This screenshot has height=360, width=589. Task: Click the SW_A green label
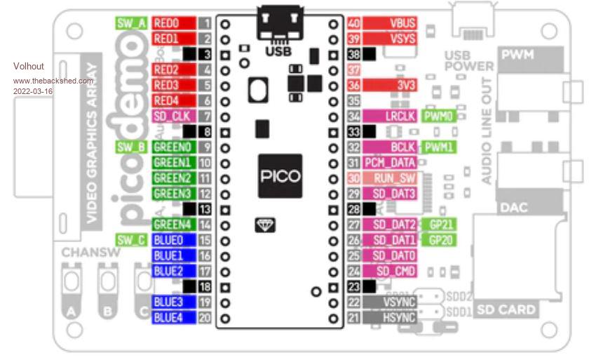(131, 22)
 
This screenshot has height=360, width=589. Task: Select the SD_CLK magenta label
(170, 116)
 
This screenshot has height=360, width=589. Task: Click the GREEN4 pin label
(172, 225)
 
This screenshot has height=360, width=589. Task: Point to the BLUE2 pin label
(168, 271)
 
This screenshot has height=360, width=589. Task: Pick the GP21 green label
(442, 225)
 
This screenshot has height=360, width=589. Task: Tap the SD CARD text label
(506, 309)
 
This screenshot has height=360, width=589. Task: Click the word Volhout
(29, 66)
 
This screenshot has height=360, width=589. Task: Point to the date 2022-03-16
(33, 91)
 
